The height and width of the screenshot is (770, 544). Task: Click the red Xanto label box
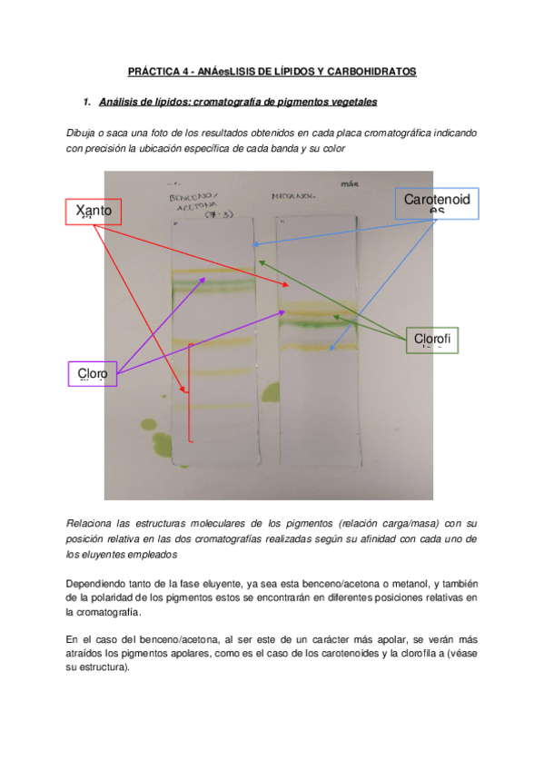94,212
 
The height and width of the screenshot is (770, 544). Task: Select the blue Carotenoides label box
437,203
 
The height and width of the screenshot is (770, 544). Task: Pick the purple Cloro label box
93,373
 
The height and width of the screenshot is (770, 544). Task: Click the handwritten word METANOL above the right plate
292,196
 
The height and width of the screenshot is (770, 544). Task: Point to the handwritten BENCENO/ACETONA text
195,203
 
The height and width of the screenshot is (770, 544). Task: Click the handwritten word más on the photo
350,183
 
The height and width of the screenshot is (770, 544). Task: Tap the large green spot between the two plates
270,391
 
